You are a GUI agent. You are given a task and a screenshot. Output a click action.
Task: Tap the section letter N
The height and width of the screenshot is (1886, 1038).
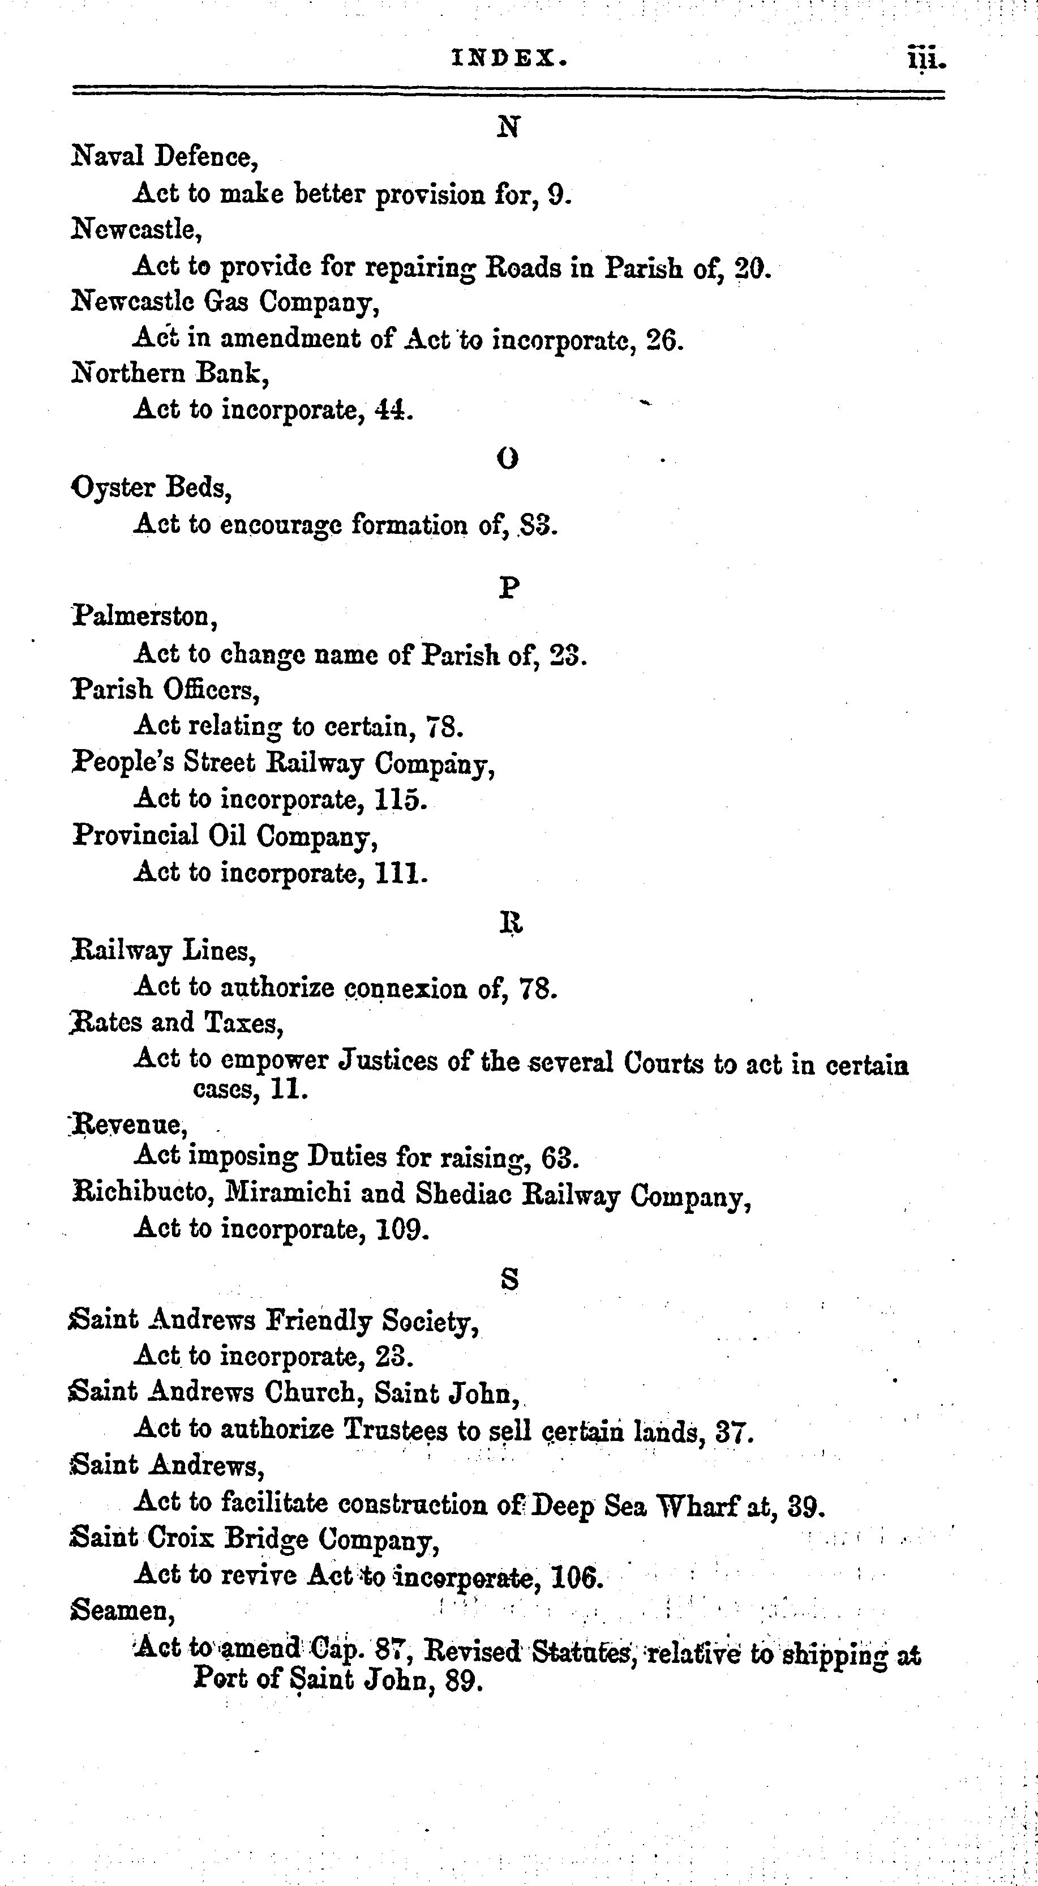coord(508,127)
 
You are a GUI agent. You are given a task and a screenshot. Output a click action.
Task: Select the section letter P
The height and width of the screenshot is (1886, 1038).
coord(509,587)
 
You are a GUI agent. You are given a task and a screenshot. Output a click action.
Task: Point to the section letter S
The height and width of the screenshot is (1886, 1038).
coord(509,1279)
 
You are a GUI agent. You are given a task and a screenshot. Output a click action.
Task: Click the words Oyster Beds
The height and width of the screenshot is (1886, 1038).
coord(152,487)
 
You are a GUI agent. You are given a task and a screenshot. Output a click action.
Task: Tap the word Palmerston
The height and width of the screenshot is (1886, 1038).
coord(145,617)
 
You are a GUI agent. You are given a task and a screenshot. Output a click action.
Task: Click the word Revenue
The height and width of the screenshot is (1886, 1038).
coord(125,1124)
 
